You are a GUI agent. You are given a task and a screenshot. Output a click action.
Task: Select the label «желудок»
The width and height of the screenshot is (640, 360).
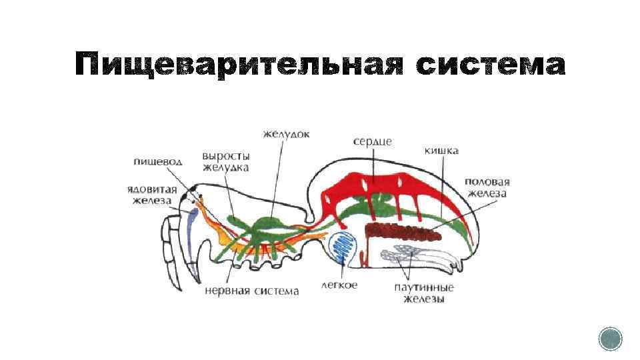tap(286, 134)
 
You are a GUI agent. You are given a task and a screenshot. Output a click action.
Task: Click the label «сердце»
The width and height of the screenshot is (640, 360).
tap(372, 141)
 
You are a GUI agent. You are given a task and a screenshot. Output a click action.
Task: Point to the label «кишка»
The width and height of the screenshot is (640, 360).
tap(441, 151)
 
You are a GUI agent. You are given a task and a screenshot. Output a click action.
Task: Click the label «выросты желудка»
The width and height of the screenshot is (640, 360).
tap(225, 161)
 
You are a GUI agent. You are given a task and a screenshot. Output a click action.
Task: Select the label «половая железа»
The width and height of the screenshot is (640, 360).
tap(487, 187)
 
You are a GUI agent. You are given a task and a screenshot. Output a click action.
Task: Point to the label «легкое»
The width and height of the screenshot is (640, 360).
tap(339, 285)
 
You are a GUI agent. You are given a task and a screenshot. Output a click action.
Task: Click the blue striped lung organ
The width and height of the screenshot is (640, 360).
tap(345, 246)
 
